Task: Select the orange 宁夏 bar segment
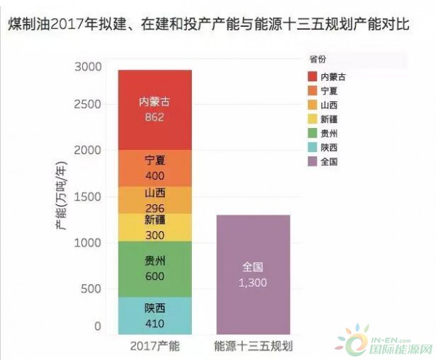tap(154, 168)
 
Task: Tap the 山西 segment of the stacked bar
tap(154, 200)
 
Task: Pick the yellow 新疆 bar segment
tap(154, 228)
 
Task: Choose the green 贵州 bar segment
tap(154, 269)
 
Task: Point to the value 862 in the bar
tap(154, 116)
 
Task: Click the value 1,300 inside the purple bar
tap(254, 282)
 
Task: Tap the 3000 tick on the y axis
tap(88, 67)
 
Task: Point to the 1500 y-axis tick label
tap(88, 196)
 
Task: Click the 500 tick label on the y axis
tap(92, 289)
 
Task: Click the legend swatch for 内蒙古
tap(313, 76)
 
